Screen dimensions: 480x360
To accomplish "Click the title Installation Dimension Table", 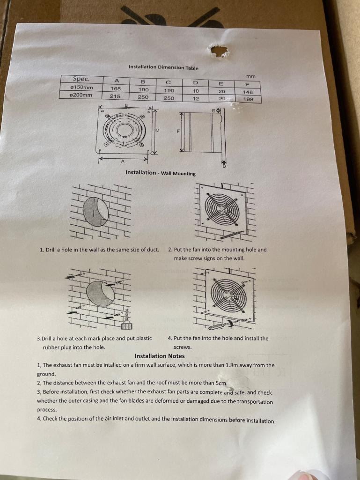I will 163,67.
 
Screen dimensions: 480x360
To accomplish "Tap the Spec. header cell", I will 81,79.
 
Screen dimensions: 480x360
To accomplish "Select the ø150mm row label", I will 81,87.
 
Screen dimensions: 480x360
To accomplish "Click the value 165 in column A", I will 115,89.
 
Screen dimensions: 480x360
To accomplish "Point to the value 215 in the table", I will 115,96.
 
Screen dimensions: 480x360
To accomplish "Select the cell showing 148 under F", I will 248,92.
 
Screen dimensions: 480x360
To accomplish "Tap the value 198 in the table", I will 248,99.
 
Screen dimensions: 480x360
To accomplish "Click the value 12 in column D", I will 196,98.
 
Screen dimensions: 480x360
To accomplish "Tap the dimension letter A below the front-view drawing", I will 123,162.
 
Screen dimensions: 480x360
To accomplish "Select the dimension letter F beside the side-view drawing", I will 178,131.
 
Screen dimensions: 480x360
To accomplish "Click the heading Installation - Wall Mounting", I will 161,173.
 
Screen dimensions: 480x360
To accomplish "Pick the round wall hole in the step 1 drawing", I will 96,211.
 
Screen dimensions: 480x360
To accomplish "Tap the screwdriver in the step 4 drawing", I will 229,322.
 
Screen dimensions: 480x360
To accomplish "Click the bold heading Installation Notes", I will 160,356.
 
